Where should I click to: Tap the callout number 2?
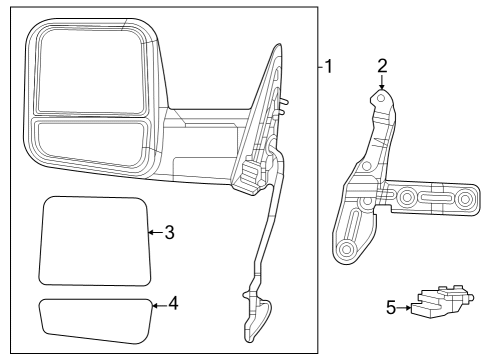point(381,66)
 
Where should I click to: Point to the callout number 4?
point(173,301)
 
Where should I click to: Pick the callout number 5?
point(391,308)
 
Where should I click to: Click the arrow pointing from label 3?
point(153,232)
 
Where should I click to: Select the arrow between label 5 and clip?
point(405,308)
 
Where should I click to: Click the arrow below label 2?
point(381,83)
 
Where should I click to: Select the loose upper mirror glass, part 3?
point(92,240)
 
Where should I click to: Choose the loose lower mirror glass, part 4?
point(95,319)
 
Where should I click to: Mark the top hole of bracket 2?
point(381,98)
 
